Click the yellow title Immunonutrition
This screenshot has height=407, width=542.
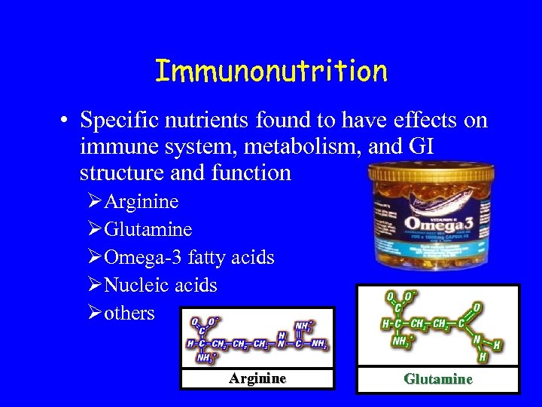coord(271,72)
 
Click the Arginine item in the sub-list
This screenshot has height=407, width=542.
coord(142,202)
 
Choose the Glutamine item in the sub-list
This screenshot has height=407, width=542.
coord(148,229)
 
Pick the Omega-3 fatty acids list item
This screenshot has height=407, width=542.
coord(189,257)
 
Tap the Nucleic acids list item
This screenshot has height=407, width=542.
coord(160,286)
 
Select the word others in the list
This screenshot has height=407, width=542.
coord(129,313)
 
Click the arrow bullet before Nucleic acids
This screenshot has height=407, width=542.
coord(94,286)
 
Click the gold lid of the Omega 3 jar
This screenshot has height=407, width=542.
coord(431,172)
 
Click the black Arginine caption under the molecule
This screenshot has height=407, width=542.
coord(257,378)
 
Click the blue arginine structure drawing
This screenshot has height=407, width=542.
coord(257,338)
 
